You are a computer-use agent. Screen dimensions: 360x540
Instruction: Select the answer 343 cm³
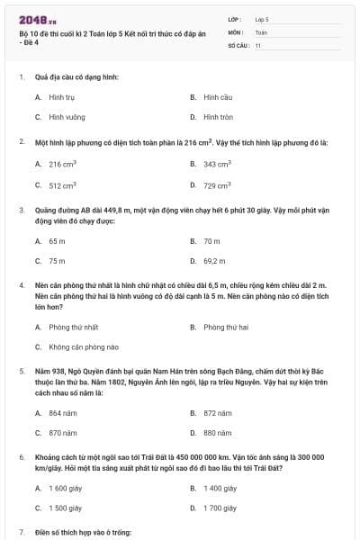click(x=217, y=164)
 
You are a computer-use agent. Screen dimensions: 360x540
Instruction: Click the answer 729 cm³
click(x=217, y=185)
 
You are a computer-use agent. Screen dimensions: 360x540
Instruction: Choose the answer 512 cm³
click(x=62, y=185)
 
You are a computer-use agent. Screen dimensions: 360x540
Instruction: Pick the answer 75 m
click(x=57, y=261)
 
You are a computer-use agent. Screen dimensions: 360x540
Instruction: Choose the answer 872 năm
click(x=217, y=412)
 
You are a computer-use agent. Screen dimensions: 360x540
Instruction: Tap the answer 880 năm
click(x=217, y=433)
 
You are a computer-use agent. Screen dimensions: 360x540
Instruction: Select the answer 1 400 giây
click(x=220, y=488)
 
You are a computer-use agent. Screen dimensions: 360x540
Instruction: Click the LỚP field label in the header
click(x=236, y=18)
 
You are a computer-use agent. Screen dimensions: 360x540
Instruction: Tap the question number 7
click(x=22, y=533)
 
